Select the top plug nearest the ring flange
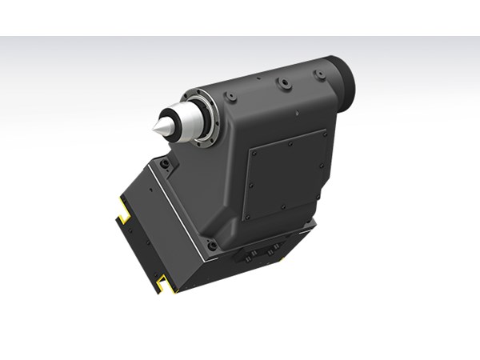[231, 97]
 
